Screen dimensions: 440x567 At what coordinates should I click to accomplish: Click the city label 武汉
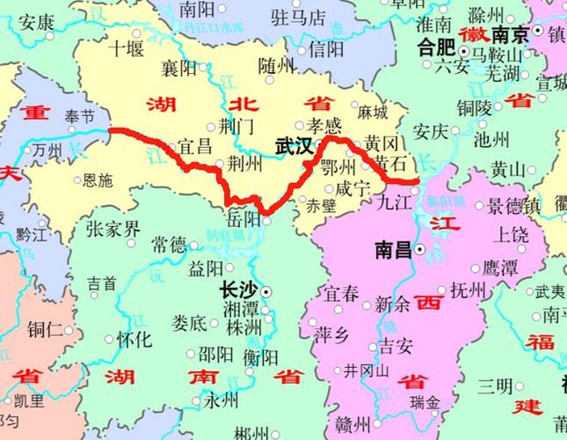pyautogui.click(x=294, y=146)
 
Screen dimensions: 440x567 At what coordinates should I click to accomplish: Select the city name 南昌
pyautogui.click(x=392, y=250)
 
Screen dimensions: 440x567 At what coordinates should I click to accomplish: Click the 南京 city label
pyautogui.click(x=510, y=35)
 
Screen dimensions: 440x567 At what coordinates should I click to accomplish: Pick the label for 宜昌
pyautogui.click(x=195, y=145)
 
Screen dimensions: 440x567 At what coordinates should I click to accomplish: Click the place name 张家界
pyautogui.click(x=113, y=229)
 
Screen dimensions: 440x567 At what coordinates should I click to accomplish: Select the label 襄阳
pyautogui.click(x=180, y=68)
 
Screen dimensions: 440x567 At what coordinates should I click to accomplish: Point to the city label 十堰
pyautogui.click(x=125, y=48)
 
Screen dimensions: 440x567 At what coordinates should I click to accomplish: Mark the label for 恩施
pyautogui.click(x=96, y=181)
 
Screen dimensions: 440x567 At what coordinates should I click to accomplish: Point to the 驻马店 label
pyautogui.click(x=298, y=17)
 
